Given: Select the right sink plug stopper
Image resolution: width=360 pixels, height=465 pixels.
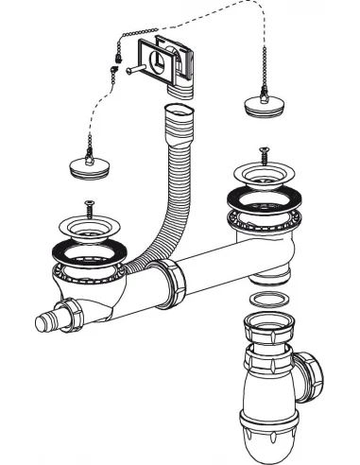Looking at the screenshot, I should pos(263,102).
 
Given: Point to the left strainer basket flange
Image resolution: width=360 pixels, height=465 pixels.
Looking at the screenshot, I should pos(90,228).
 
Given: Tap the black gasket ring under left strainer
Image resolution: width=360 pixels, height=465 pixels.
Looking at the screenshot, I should pos(91,251).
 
